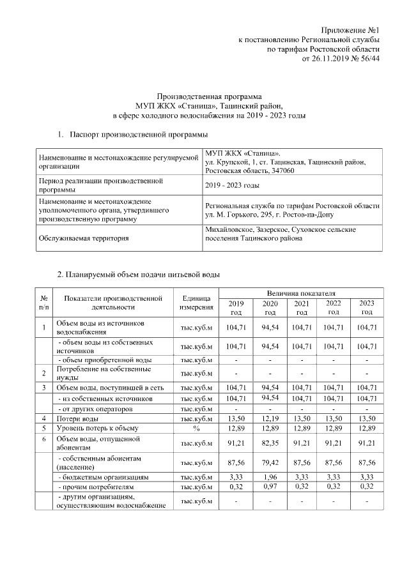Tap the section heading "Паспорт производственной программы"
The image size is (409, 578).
coord(137,135)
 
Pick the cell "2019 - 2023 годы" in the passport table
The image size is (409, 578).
coord(232,185)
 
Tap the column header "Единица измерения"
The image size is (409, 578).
coord(196,303)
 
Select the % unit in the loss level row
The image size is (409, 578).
coord(196,428)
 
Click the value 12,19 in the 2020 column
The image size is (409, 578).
coord(270,418)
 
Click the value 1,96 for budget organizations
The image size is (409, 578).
coord(270,477)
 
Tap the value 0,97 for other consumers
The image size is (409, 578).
coord(270,487)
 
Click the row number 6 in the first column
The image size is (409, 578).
coord(44,439)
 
